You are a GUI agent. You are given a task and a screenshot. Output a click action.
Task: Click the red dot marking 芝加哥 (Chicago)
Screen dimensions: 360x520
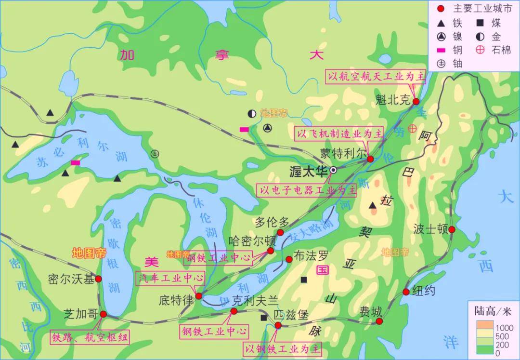click(104, 314)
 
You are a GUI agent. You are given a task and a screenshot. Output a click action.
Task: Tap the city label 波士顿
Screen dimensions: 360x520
click(430, 229)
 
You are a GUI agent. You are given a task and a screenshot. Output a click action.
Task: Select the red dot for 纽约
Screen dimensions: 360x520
click(406, 292)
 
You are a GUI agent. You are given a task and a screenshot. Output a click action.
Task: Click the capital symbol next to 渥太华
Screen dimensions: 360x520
click(333, 170)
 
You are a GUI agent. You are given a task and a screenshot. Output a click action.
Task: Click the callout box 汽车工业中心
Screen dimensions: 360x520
click(170, 278)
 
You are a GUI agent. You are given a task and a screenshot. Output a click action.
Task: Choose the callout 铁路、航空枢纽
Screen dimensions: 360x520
click(90, 337)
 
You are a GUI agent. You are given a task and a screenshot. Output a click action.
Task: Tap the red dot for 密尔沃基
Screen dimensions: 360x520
click(98, 279)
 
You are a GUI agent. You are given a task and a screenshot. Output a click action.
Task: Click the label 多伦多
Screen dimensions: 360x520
click(272, 223)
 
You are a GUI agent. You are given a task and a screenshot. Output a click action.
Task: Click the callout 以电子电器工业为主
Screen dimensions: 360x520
click(307, 190)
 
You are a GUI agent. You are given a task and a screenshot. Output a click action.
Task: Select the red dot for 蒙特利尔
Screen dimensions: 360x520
click(370, 159)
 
